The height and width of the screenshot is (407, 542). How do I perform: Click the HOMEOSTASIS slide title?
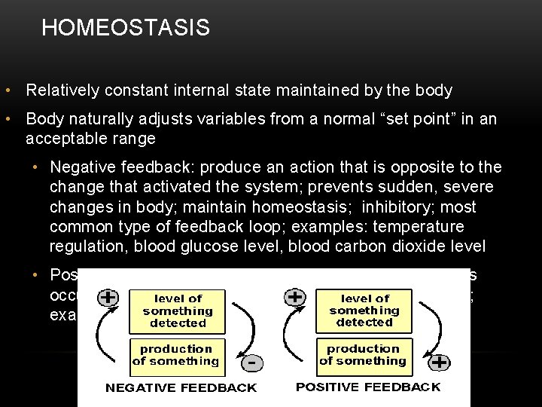point(126,29)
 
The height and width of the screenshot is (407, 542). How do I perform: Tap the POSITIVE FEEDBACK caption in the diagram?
point(368,387)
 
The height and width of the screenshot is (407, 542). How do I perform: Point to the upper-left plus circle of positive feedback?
point(295,297)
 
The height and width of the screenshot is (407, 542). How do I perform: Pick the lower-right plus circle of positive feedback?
point(440,363)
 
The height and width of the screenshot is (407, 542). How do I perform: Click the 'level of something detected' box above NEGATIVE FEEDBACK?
point(177,311)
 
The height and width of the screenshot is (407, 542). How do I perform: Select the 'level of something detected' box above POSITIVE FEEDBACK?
point(364,311)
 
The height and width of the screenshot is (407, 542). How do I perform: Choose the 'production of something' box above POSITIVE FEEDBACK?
point(364,354)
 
